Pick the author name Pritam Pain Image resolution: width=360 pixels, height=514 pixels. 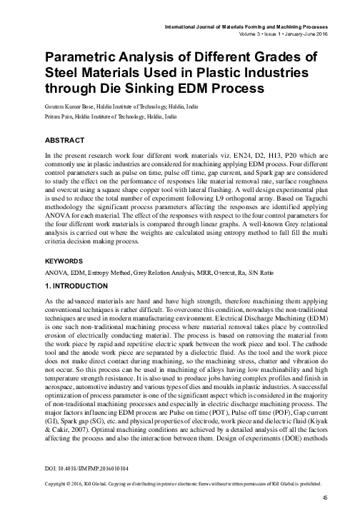[x=59, y=114]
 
